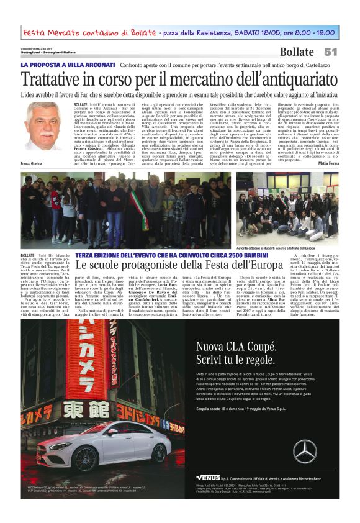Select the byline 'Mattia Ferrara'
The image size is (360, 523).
pyautogui.click(x=326, y=163)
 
